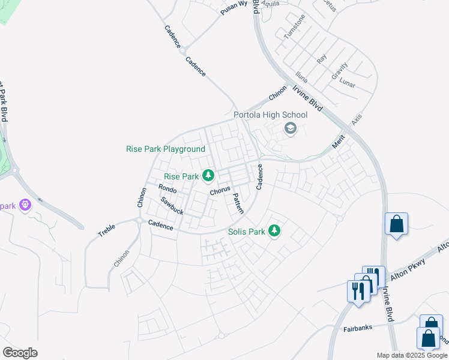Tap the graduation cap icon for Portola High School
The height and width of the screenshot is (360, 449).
[291, 129]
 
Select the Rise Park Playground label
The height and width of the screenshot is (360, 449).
[166, 149]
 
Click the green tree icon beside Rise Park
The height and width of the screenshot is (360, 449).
[208, 176]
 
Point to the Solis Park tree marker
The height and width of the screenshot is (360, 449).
[274, 230]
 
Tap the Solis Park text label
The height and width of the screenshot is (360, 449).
[246, 232]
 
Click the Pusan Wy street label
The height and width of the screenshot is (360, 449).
[234, 8]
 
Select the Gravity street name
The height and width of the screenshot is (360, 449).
[339, 71]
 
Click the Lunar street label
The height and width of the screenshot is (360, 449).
[347, 81]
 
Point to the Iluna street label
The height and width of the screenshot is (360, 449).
[302, 77]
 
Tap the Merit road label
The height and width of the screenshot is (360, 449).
[339, 142]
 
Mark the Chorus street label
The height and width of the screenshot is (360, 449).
[220, 191]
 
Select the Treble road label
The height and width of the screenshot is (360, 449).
[107, 229]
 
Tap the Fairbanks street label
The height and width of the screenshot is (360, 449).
[358, 328]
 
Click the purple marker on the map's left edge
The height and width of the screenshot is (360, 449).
[25, 205]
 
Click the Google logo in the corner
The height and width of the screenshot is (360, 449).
[20, 353]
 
